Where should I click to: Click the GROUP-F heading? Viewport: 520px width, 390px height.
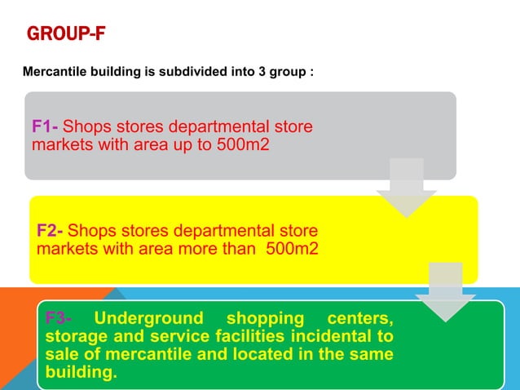tap(66, 35)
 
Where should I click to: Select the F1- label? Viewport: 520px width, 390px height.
tap(45, 127)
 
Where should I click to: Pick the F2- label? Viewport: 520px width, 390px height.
tap(51, 231)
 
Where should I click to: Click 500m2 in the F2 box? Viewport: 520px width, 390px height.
tap(292, 249)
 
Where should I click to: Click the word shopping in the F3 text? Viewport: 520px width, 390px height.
tap(264, 317)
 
